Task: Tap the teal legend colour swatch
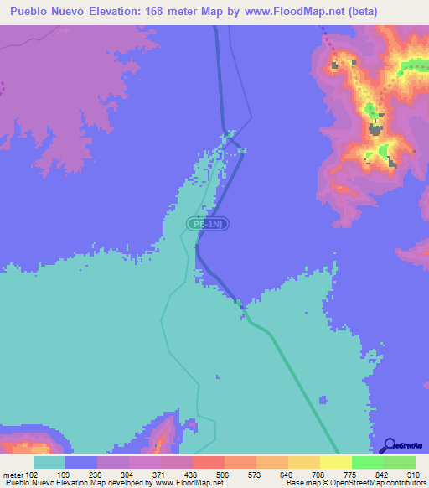(x=49, y=462)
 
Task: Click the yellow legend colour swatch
(x=335, y=462)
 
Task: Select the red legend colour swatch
(x=208, y=462)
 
